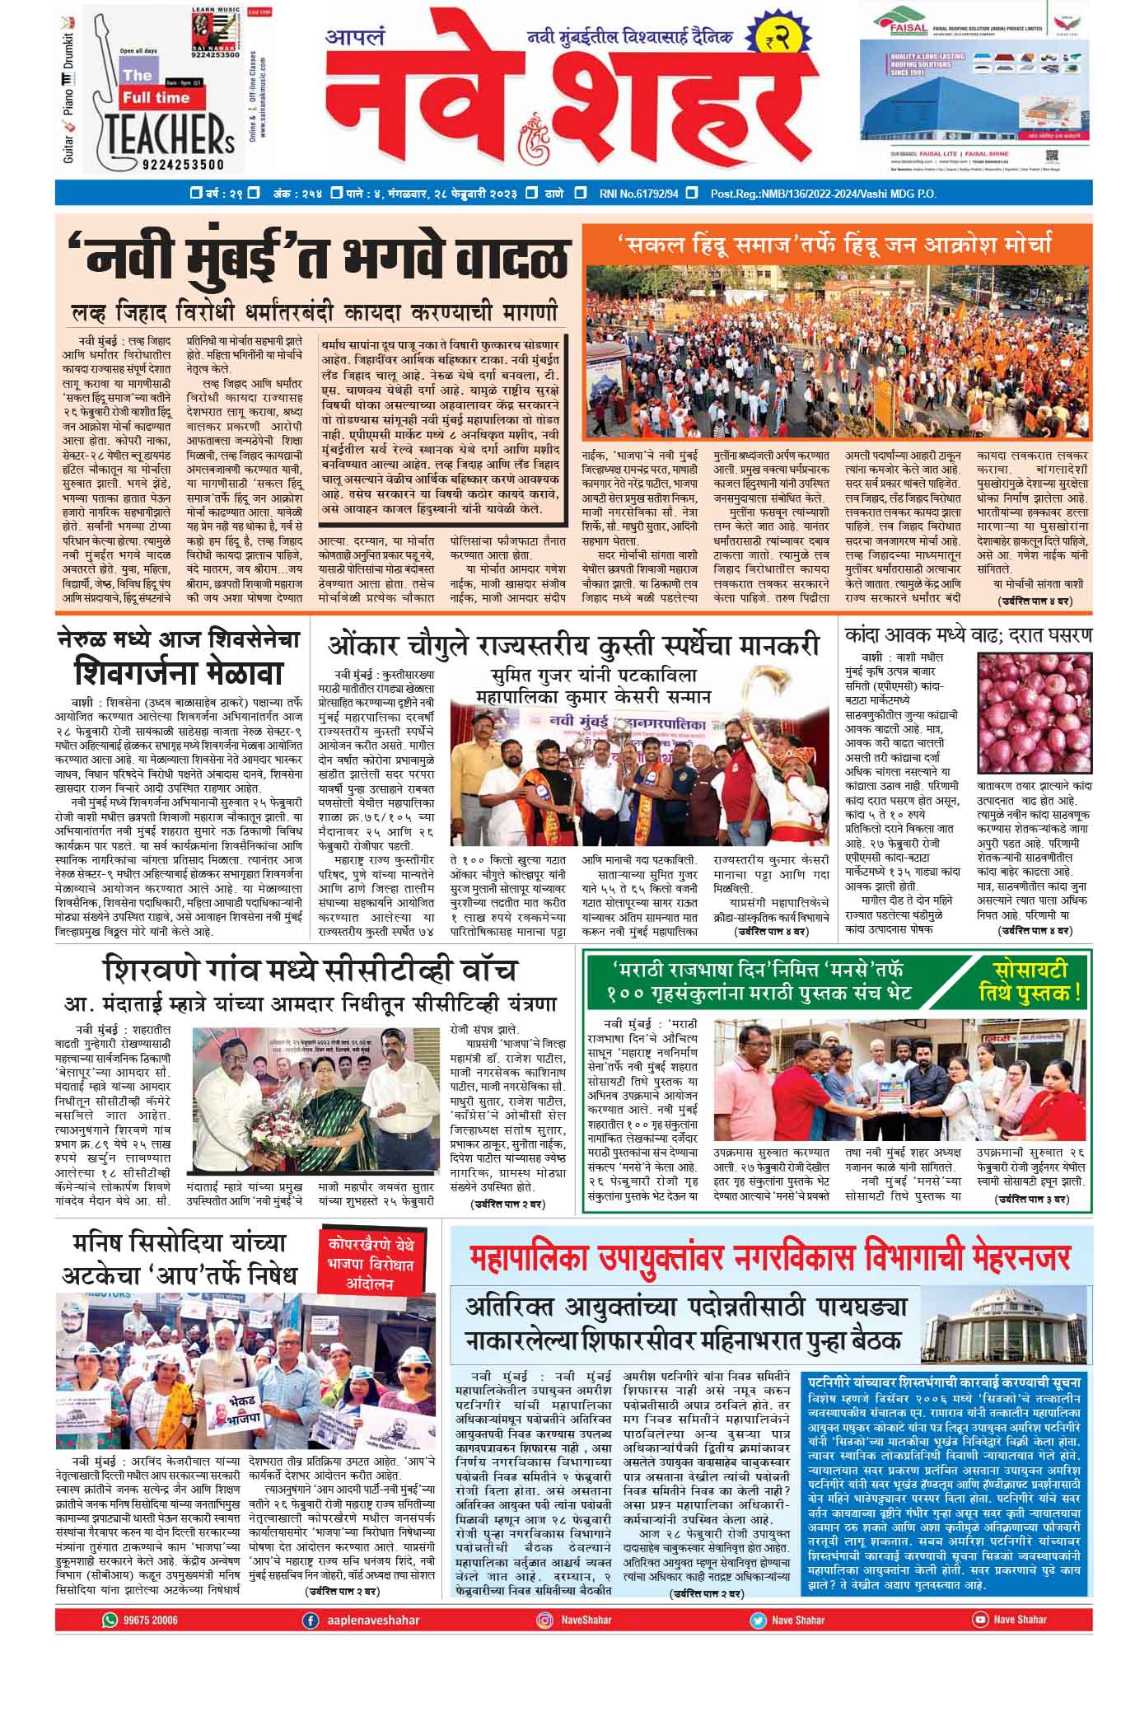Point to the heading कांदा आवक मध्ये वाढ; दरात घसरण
(969, 637)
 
